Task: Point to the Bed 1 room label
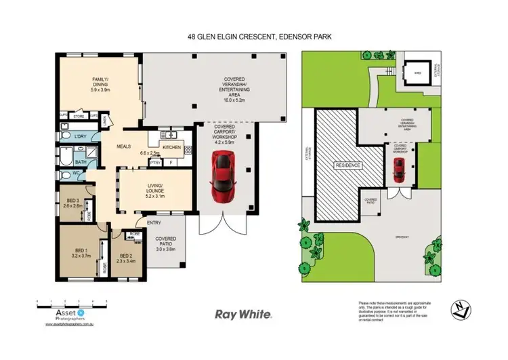click(x=82, y=254)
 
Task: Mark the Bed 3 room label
click(x=73, y=202)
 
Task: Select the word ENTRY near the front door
click(x=154, y=223)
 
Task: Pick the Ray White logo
click(x=243, y=315)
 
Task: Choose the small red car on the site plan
click(x=400, y=173)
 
